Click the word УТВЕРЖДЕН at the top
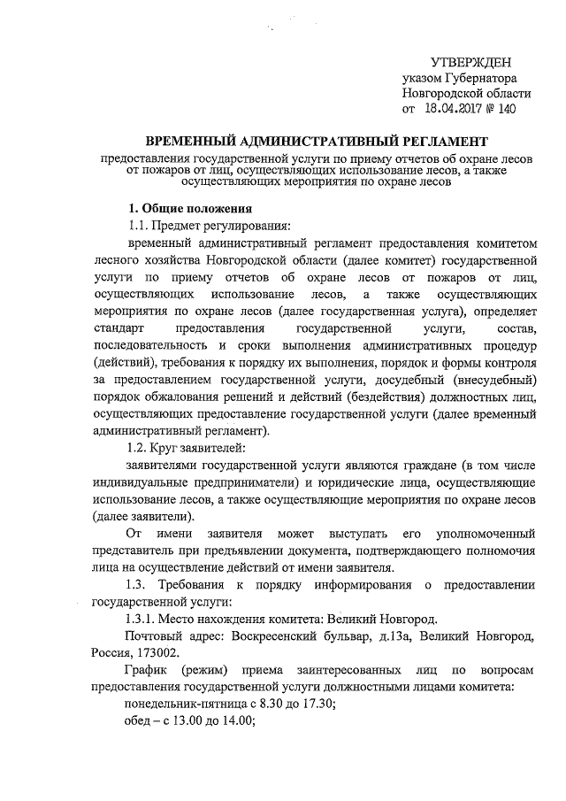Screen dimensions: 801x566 [470, 63]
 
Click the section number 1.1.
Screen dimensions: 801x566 [139, 225]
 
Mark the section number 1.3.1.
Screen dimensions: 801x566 [144, 619]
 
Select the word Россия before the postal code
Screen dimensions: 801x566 [110, 653]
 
